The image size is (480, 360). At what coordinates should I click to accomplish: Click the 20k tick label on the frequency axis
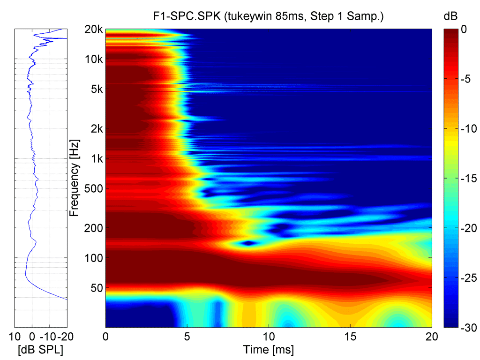point(94,30)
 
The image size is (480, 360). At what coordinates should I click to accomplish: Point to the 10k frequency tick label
point(94,60)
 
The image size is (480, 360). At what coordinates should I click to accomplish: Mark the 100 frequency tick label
point(94,258)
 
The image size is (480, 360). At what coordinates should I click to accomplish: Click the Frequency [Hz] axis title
point(74,178)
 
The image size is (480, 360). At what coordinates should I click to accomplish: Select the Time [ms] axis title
point(268,349)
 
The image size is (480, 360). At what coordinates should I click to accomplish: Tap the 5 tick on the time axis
point(187,337)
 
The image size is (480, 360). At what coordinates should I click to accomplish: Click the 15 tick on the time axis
point(350,337)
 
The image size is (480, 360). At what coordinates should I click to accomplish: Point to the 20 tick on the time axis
point(431,337)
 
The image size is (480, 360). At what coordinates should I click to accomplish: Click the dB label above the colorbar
point(450,17)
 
